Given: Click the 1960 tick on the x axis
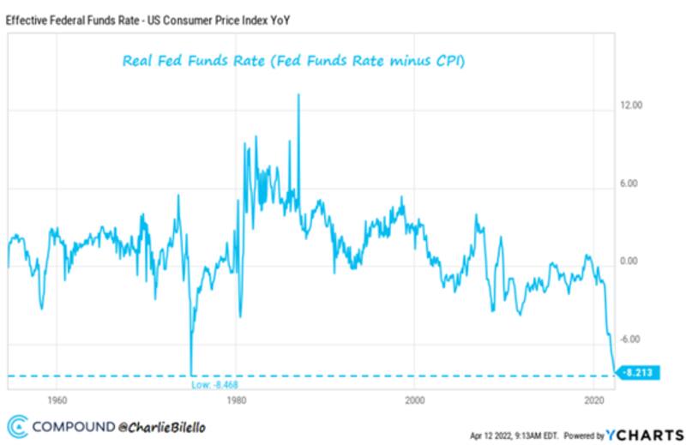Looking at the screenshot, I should pos(57,400).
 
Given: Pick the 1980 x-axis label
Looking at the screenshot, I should pos(236,400).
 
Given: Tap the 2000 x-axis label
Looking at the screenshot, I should pos(415,400).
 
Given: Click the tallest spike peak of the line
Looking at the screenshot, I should pos(298,94).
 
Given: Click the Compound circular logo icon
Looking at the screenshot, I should pos(16,425).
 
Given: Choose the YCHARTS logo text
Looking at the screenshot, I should pos(645,434).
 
